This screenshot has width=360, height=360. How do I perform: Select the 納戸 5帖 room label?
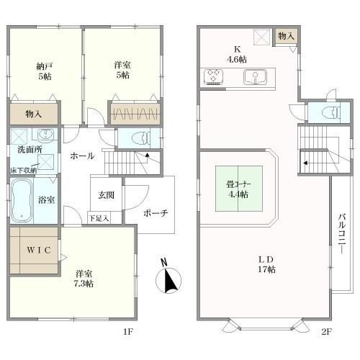(x=45, y=70)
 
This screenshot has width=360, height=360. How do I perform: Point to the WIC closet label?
(x=35, y=250)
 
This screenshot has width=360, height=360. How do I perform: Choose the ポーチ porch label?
(x=155, y=213)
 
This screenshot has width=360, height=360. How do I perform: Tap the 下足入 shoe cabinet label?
(x=99, y=217)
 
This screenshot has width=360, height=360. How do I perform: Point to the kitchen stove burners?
(x=215, y=76)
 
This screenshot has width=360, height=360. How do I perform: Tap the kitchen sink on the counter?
(x=252, y=76)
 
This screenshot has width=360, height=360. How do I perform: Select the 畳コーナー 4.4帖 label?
(x=236, y=187)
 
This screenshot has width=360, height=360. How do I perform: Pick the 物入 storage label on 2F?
(x=286, y=35)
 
